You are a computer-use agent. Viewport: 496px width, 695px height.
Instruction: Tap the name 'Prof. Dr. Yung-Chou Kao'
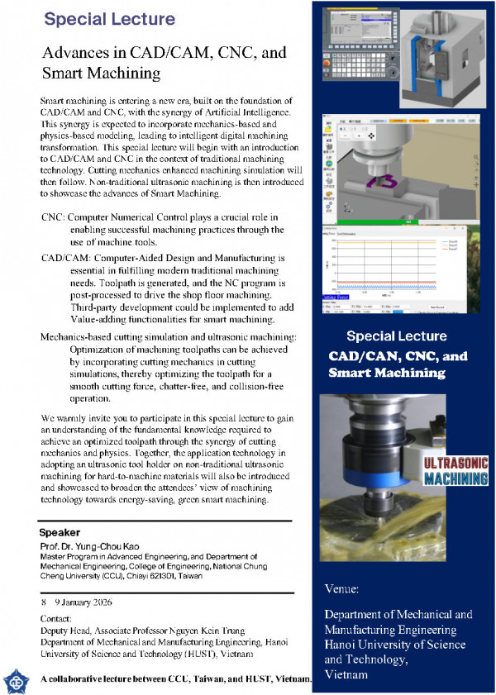tap(92, 547)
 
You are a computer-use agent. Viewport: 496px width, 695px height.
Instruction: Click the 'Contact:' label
tap(57, 617)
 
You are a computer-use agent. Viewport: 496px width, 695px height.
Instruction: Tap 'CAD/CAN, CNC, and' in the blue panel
tap(398, 356)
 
